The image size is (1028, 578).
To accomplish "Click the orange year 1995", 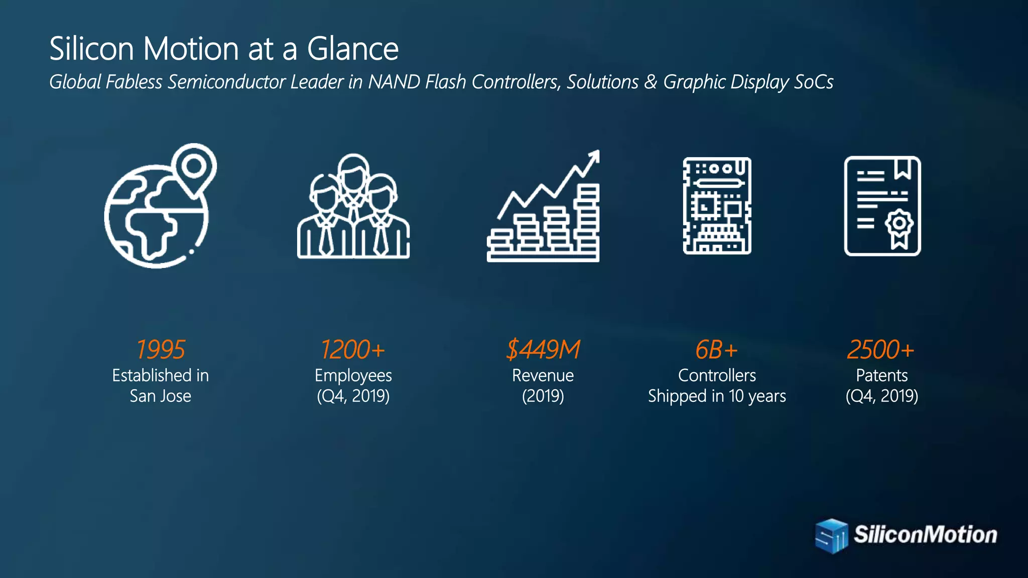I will click(161, 350).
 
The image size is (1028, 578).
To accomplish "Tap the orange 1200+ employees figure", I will click(352, 350).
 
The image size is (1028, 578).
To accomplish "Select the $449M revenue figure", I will click(543, 350).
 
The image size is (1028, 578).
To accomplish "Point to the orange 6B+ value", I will click(716, 350).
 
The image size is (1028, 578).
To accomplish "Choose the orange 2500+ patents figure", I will click(880, 350).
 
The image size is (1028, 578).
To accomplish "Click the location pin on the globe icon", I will click(194, 167).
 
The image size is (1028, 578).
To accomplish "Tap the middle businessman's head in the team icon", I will click(353, 171).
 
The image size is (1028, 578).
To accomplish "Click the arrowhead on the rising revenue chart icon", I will click(594, 157).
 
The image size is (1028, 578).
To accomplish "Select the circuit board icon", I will click(717, 206).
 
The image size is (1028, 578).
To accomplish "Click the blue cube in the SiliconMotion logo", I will click(832, 536).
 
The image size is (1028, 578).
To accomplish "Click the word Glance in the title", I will click(352, 49).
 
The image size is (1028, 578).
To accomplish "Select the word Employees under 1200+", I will click(353, 375).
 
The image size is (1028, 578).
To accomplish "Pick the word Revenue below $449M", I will click(543, 375).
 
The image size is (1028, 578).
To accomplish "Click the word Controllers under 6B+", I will click(717, 375).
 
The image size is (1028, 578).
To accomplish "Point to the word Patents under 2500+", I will click(881, 375).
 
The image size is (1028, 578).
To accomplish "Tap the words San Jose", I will click(160, 396).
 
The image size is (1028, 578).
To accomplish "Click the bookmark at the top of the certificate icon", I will click(902, 168).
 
